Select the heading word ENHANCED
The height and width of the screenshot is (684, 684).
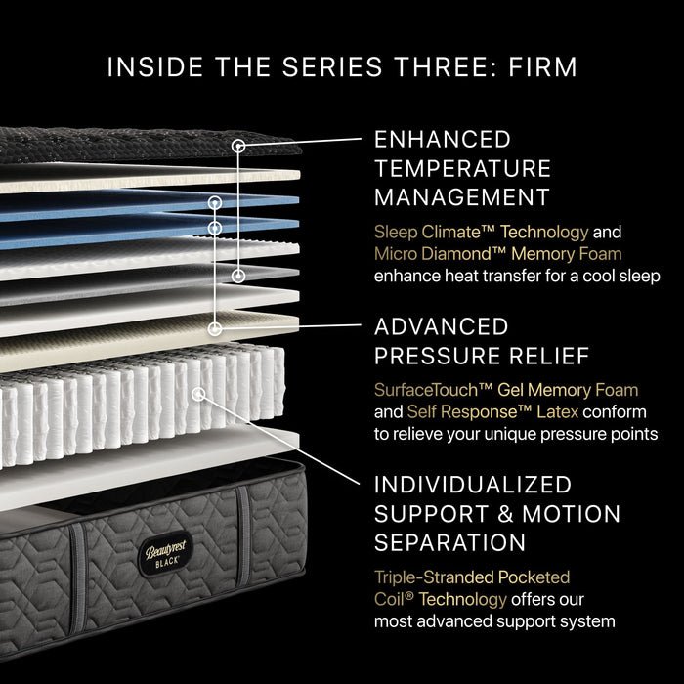pyautogui.click(x=443, y=139)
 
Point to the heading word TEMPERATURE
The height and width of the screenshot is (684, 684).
pyautogui.click(x=462, y=168)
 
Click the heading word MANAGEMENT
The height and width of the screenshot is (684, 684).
pyautogui.click(x=462, y=197)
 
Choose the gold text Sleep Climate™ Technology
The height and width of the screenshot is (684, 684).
pyautogui.click(x=482, y=233)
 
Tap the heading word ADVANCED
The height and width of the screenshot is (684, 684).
pyautogui.click(x=442, y=326)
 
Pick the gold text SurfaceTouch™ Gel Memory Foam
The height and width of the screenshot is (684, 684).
pyautogui.click(x=506, y=391)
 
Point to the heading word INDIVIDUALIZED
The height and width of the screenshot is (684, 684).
pyautogui.click(x=473, y=485)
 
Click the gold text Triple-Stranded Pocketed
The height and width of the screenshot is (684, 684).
pyautogui.click(x=472, y=577)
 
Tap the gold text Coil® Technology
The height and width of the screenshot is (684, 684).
pyautogui.click(x=441, y=599)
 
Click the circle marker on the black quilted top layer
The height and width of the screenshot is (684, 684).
pyautogui.click(x=237, y=146)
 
